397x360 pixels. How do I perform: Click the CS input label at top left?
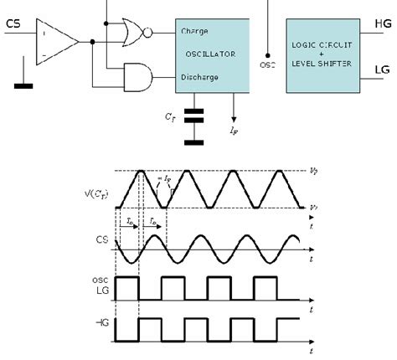[14, 23]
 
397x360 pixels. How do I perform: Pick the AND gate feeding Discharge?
[137, 77]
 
